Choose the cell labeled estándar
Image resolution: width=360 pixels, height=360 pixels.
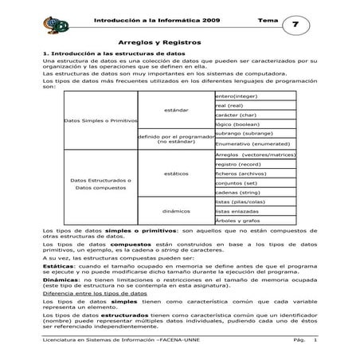pyautogui.click(x=176, y=109)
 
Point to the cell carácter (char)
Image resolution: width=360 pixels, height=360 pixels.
pyautogui.click(x=241, y=115)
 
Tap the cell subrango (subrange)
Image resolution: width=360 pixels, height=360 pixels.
pyautogui.click(x=242, y=135)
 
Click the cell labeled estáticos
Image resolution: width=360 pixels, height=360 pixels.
pyautogui.click(x=176, y=173)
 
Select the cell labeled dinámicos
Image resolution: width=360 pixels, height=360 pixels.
pyautogui.click(x=176, y=211)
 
